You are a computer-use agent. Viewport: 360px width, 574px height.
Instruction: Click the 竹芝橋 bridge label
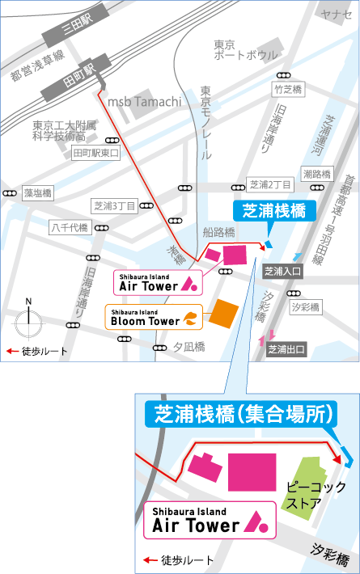pyautogui.click(x=287, y=90)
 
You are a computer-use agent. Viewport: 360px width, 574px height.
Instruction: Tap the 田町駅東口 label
pyautogui.click(x=95, y=153)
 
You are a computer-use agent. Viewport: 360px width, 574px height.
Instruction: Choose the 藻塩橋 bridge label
pyautogui.click(x=37, y=193)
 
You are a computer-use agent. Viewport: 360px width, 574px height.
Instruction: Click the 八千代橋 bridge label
pyautogui.click(x=69, y=227)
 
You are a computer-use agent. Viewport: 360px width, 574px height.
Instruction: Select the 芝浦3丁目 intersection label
pyautogui.click(x=114, y=205)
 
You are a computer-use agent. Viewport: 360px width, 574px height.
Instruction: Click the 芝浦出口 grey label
pyautogui.click(x=286, y=349)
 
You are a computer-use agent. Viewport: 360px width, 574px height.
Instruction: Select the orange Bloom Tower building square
pyautogui.click(x=223, y=312)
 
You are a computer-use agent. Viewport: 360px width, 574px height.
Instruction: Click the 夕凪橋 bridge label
pyautogui.click(x=189, y=347)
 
